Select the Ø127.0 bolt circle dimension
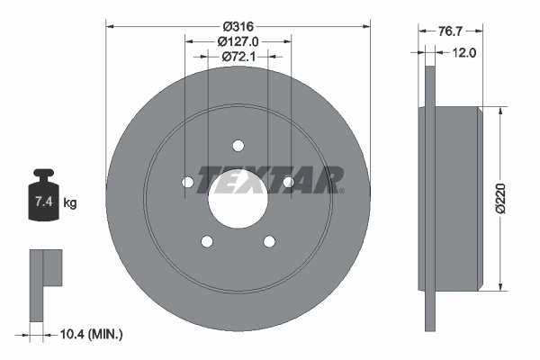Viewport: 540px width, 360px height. coord(238,40)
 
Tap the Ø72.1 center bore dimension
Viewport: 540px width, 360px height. coord(238,57)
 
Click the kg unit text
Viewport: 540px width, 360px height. coord(70,203)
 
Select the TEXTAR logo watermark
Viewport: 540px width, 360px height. coord(270,179)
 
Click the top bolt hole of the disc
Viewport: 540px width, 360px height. coord(238,146)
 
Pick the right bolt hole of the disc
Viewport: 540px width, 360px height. coord(289,183)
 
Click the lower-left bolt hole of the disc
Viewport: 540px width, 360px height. coord(207,241)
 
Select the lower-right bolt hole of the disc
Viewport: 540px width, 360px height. coord(270,241)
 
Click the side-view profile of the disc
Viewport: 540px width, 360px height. coord(450,198)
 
